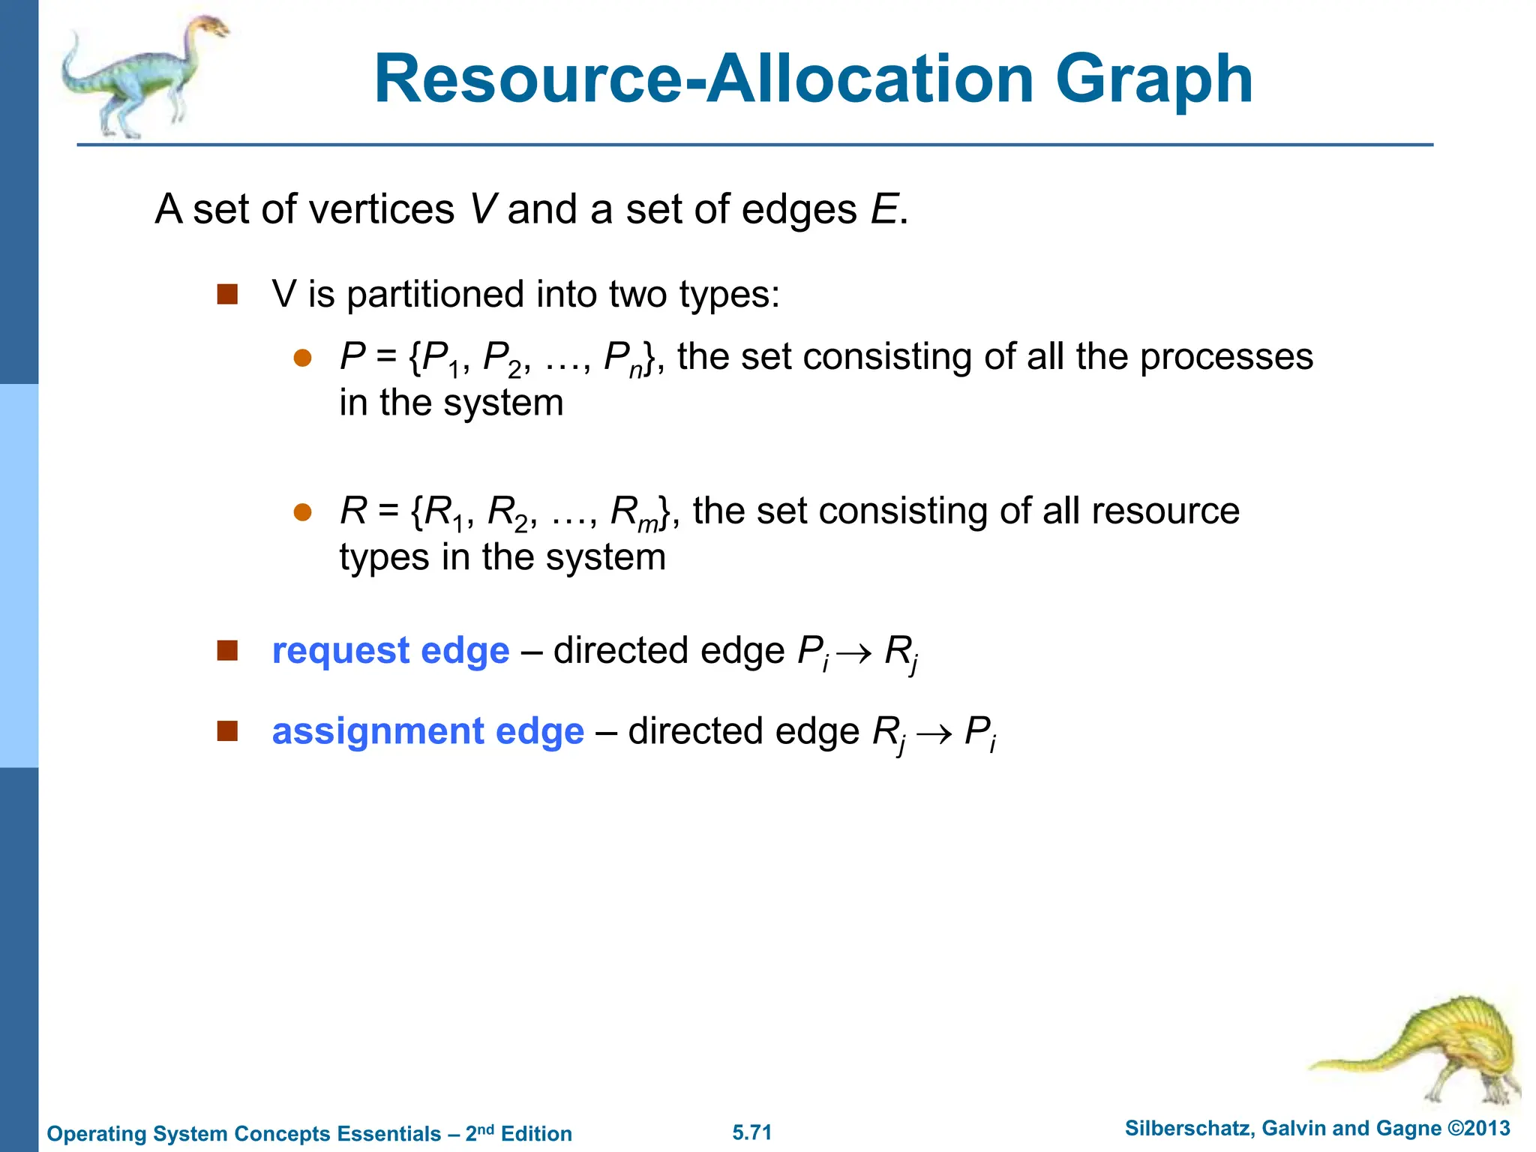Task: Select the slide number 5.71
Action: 751,1132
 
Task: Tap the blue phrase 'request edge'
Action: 391,651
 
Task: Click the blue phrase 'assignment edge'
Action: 427,731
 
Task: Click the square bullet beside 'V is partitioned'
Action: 227,294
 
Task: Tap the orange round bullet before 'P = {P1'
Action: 302,358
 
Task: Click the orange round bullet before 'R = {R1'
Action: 302,512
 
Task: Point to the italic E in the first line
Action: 883,209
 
